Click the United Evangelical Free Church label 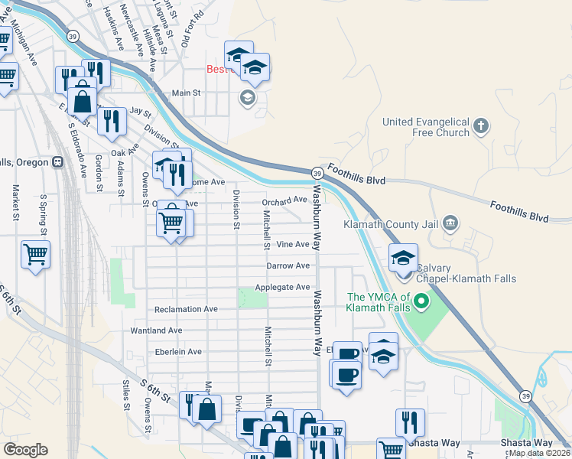tap(425, 127)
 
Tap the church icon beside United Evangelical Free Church tap(481, 126)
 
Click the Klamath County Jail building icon tap(450, 223)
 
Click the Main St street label tap(186, 93)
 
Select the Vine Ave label tap(293, 245)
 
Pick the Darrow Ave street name tap(288, 266)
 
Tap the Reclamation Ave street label tap(186, 310)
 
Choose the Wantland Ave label tap(156, 330)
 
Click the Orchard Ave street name tap(284, 200)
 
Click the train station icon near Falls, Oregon tap(58, 162)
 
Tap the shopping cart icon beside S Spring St tap(36, 254)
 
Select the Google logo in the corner tap(25, 450)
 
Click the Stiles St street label tap(127, 395)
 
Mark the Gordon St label tap(99, 172)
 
